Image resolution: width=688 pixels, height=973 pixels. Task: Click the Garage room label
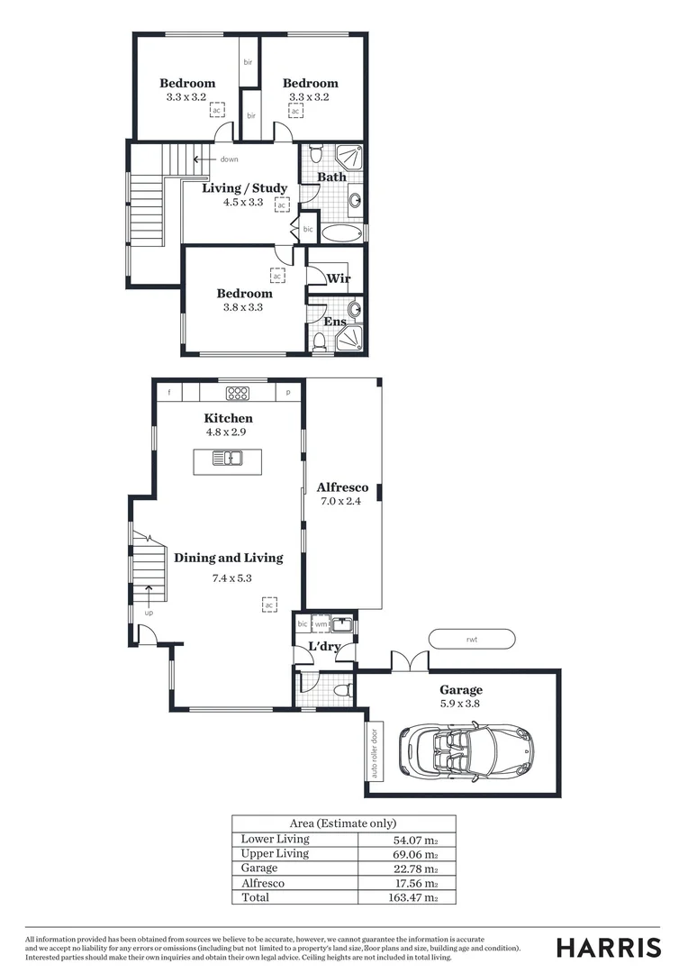460,690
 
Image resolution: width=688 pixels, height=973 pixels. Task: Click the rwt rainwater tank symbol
471,639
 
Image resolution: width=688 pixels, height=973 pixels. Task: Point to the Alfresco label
342,487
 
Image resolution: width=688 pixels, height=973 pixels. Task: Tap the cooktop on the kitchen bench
238,393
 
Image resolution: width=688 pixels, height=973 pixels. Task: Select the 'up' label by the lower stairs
149,613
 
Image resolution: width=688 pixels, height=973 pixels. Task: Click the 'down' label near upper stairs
229,159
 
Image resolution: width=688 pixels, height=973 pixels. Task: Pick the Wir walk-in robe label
338,278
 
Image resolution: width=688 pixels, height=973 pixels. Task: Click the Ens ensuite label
335,322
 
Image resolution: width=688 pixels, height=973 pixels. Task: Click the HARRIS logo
608,948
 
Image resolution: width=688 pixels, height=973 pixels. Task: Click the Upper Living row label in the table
275,853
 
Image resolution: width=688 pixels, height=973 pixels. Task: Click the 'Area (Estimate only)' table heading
343,823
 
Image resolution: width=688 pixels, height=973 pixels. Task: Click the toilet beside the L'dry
341,690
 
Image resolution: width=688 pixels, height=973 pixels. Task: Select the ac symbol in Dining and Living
268,605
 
